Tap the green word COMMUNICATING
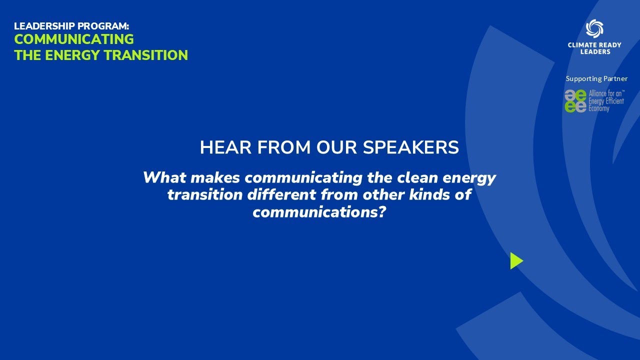[74, 39]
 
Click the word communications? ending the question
[320, 211]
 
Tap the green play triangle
[516, 260]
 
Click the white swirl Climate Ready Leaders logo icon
[594, 28]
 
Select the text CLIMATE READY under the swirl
[594, 45]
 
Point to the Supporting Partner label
[596, 78]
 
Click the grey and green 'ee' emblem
[575, 101]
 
